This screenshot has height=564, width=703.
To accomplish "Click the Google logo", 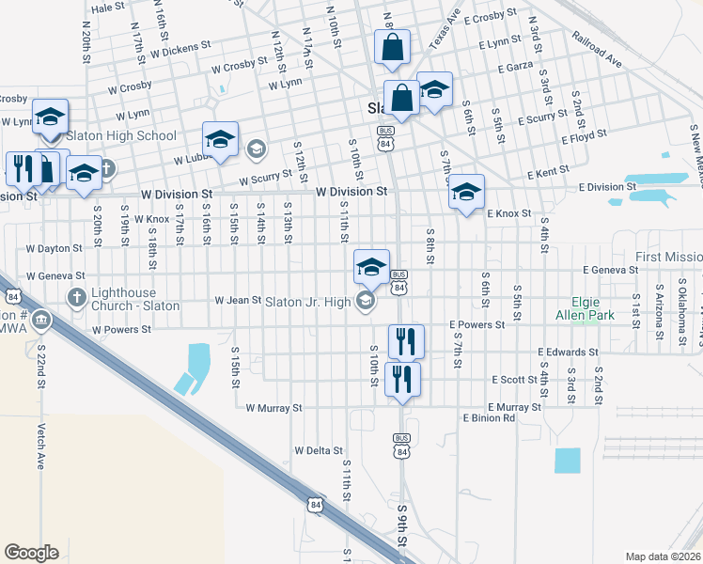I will [31, 553].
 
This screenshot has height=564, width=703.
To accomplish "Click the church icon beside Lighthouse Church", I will [78, 298].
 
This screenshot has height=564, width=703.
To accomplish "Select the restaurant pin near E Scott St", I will [402, 379].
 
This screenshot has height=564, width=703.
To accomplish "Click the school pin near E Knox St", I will [466, 193].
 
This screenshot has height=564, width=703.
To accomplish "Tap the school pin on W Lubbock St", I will [220, 140].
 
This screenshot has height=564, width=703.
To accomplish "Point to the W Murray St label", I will [273, 409].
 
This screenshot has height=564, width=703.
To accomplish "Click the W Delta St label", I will [319, 451].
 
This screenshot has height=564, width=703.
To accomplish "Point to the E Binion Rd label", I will [489, 417].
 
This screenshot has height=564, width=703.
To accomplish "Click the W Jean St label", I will [238, 301].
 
